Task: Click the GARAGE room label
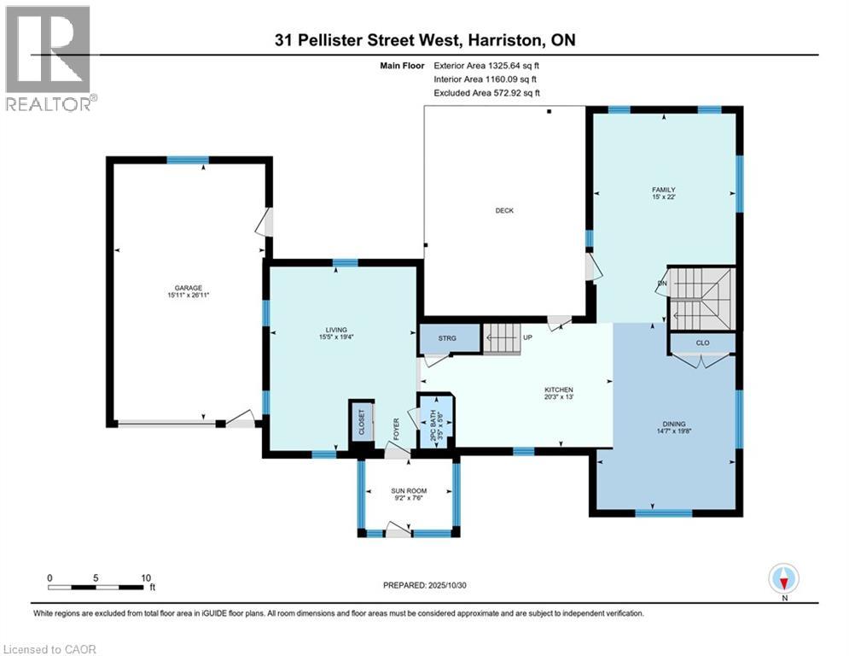[189, 288]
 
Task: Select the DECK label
[504, 211]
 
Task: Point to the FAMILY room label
[664, 190]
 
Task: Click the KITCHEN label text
[560, 389]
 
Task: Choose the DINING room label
[673, 424]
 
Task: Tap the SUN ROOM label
[409, 491]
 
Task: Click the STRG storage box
[446, 339]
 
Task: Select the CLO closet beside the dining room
[702, 343]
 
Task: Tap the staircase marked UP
[503, 338]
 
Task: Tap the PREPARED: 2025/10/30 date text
[424, 585]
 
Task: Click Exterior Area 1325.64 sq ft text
[486, 65]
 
